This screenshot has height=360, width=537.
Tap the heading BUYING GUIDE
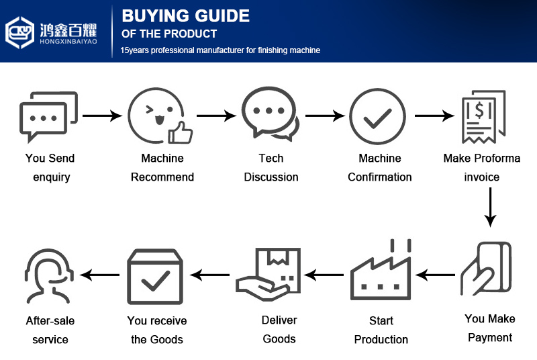(185, 16)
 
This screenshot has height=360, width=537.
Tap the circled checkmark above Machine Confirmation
(379, 116)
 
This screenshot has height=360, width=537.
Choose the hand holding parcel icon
(266, 274)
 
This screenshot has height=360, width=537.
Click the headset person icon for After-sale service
(49, 276)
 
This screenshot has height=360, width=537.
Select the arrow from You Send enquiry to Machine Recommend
(102, 116)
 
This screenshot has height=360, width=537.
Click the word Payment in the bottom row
(490, 337)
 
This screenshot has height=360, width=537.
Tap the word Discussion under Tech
(271, 177)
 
